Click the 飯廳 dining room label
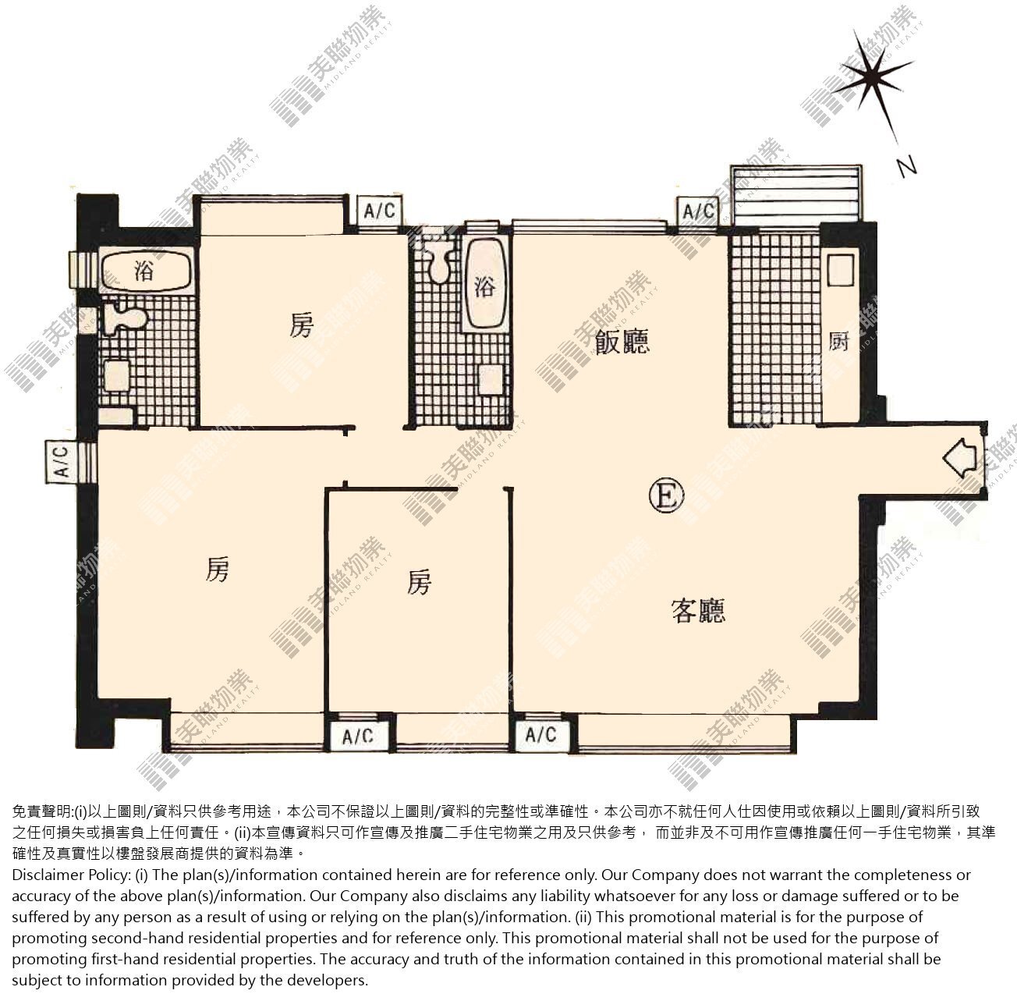point(622,341)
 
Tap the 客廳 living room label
point(699,610)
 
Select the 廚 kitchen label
point(838,342)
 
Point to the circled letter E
point(667,495)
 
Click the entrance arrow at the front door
point(959,458)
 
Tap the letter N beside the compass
point(907,167)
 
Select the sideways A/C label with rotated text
point(62,461)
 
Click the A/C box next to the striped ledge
point(698,211)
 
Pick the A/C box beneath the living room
point(541,734)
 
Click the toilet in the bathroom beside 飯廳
point(439,261)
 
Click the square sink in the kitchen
point(841,270)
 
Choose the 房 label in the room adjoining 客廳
point(419,581)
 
